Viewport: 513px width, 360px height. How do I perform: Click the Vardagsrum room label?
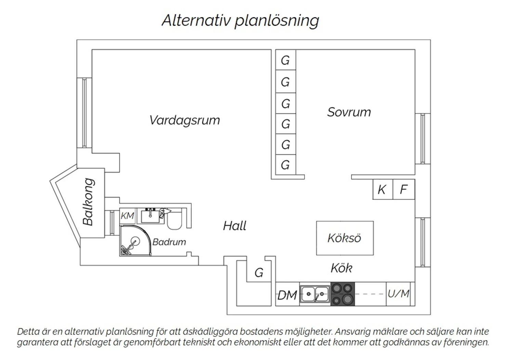click(184, 120)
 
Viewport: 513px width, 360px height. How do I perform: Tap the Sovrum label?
click(349, 112)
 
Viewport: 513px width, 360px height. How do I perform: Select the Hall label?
click(235, 226)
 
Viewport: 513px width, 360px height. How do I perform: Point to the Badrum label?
click(169, 242)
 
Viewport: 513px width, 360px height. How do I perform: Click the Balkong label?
click(89, 202)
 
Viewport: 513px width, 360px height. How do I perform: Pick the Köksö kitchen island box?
click(344, 238)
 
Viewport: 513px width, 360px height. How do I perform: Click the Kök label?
click(341, 268)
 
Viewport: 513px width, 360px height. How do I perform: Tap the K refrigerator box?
click(382, 189)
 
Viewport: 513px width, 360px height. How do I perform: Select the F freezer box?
click(404, 189)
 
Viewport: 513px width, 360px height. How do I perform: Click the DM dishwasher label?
click(287, 295)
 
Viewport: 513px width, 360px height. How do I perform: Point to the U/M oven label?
click(398, 294)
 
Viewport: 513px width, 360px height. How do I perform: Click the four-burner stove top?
click(342, 294)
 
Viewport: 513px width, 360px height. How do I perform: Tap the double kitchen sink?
click(315, 294)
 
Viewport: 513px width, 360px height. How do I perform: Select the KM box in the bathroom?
click(127, 216)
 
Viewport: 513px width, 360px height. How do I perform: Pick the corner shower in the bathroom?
click(133, 241)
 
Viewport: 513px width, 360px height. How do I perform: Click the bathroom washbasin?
click(150, 216)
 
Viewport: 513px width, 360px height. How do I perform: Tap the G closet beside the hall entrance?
click(259, 273)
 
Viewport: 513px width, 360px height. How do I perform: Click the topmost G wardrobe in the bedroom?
click(285, 60)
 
